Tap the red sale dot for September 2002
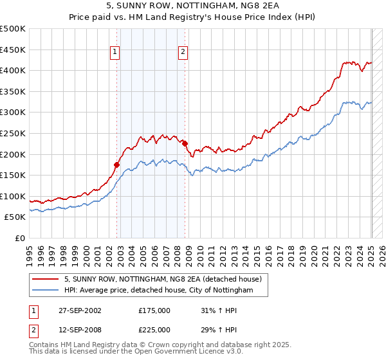click(x=117, y=165)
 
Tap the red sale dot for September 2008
click(x=185, y=143)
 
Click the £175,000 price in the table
click(x=154, y=310)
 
